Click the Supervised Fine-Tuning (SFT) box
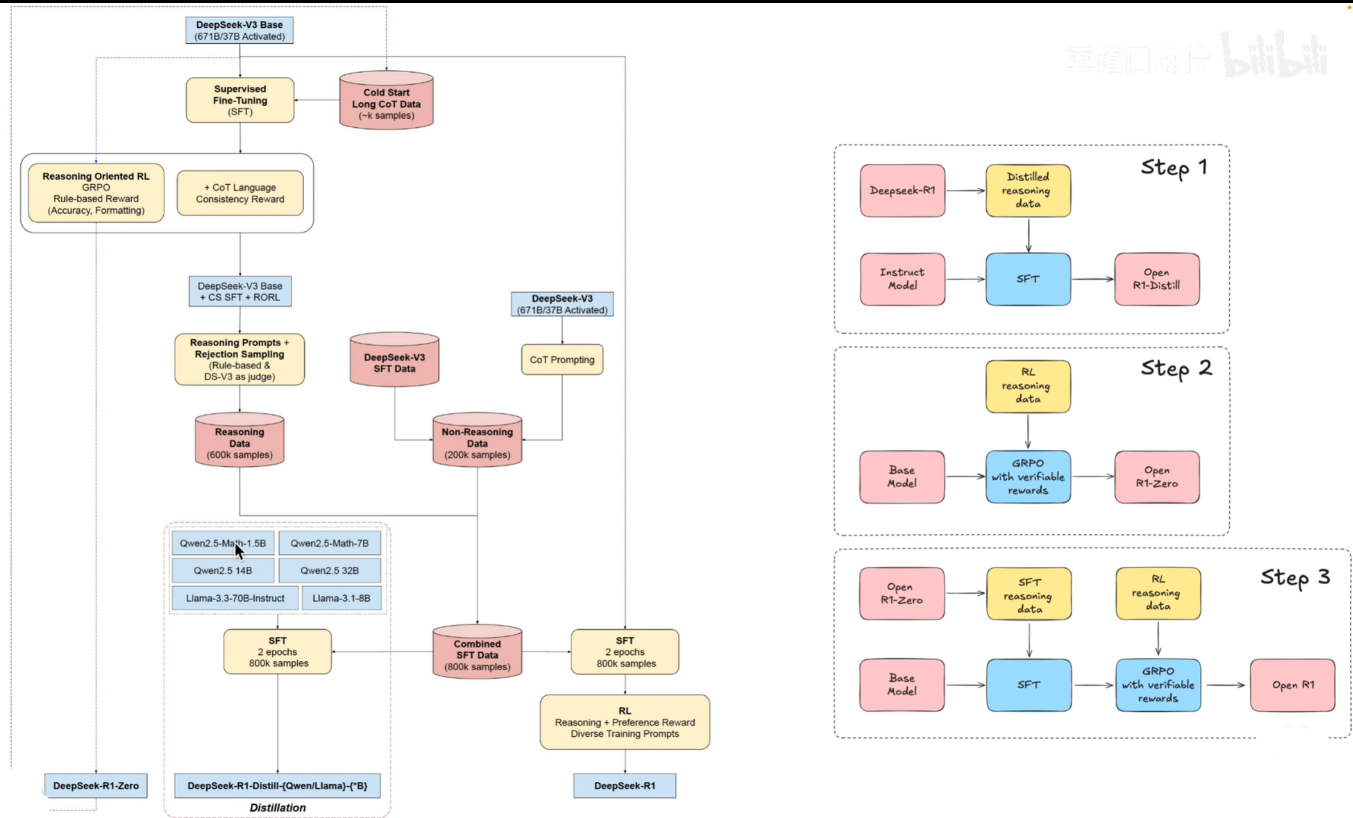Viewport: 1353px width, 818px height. (x=240, y=100)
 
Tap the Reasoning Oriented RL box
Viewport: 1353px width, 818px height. (x=96, y=193)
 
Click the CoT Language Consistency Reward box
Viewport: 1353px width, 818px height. (x=240, y=193)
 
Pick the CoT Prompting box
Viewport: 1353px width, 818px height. (x=562, y=359)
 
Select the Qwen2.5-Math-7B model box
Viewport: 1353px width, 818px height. (x=329, y=543)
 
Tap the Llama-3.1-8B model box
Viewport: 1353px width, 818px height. (x=341, y=598)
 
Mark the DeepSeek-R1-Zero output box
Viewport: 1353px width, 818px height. (x=96, y=786)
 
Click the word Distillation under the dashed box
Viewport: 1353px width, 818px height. (x=277, y=808)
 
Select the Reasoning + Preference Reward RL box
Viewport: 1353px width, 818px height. (x=625, y=722)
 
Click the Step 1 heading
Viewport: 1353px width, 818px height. (x=1173, y=168)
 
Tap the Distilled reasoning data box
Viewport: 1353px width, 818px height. (x=1028, y=190)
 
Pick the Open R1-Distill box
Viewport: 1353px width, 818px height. (x=1157, y=279)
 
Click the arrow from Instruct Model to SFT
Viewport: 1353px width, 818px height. (x=965, y=279)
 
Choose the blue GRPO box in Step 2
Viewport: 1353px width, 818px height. (x=1028, y=477)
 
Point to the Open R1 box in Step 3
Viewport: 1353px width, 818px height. (x=1292, y=685)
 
